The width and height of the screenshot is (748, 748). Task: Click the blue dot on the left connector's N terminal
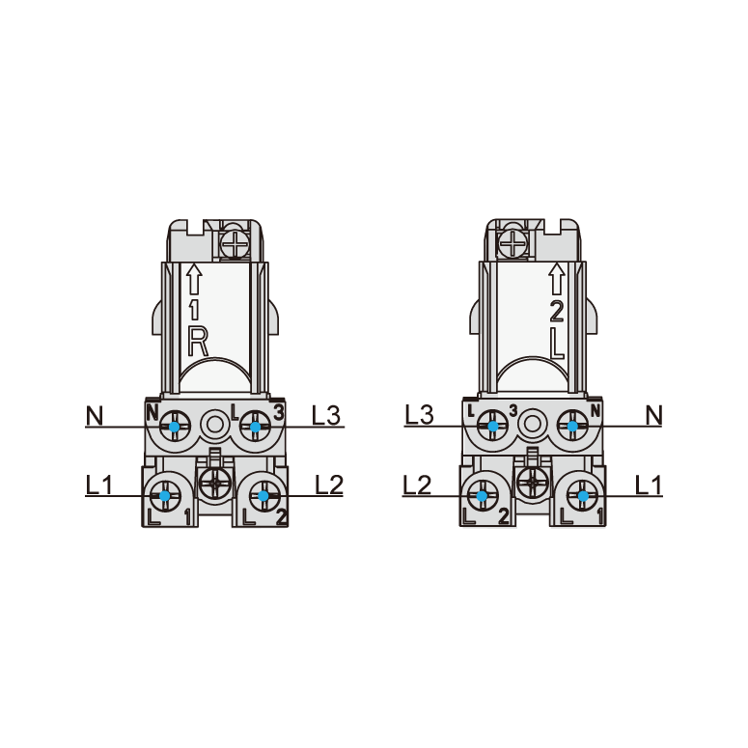175,427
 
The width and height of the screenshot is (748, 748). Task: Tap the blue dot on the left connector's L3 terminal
255,427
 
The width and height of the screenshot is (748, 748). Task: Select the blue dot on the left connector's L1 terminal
165,496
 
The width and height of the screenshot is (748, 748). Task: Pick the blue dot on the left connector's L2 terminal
263,496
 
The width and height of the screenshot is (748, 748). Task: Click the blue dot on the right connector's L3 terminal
493,426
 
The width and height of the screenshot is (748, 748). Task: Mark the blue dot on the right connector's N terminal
572,426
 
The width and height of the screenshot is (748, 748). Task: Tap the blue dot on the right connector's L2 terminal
482,496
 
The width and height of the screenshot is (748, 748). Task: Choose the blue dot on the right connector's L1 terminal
583,496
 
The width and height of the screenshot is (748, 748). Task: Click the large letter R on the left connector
198,341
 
